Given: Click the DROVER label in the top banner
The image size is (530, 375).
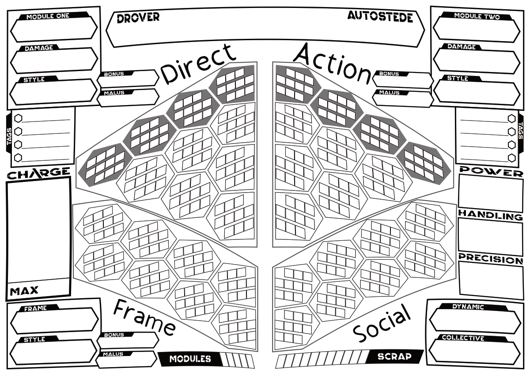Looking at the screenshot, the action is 138,18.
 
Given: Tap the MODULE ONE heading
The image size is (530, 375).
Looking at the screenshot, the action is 48,16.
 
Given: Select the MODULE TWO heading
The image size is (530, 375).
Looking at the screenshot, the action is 477,16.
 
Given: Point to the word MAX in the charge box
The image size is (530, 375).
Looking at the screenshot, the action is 24,291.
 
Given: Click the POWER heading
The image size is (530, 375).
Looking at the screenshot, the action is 491,171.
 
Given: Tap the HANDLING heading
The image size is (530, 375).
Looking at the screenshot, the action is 491,215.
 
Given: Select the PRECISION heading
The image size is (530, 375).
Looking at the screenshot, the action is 491,259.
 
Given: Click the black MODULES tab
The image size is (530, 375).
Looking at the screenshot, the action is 190,359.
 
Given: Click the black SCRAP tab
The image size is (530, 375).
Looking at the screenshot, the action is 394,356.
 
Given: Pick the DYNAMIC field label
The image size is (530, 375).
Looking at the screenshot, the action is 468,307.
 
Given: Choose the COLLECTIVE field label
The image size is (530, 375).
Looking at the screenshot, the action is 463,338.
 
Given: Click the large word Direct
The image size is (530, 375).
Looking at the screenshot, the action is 198,64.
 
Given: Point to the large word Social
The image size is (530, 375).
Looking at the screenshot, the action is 382,323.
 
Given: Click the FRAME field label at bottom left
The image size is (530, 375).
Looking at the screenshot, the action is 35,308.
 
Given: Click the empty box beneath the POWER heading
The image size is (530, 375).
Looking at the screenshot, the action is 491,193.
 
